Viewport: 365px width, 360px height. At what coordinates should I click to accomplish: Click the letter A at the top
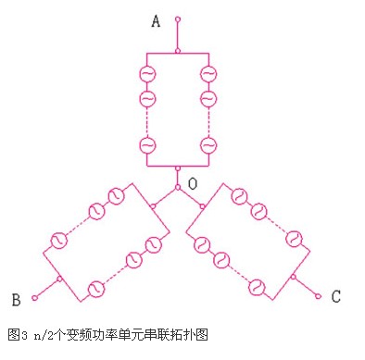156,21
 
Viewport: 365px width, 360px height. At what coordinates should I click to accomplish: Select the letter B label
16,300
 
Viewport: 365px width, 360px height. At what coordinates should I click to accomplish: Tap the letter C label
336,296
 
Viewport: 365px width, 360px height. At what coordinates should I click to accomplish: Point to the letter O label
193,184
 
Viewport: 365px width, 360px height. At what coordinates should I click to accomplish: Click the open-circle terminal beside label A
178,19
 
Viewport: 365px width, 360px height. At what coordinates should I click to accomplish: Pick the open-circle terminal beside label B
34,298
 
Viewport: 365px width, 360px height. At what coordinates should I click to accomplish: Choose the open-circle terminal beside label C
319,296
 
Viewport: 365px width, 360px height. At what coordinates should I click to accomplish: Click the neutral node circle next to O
178,187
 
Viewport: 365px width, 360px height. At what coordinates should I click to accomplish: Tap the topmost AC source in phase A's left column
147,74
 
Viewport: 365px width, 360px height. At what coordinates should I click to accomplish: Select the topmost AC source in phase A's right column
208,74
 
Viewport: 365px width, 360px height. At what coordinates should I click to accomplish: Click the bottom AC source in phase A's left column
147,145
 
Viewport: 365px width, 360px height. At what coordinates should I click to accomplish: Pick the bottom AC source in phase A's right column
208,145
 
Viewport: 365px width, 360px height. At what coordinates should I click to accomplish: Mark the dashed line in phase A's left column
147,122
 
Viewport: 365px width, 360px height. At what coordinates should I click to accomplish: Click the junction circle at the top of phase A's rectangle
178,51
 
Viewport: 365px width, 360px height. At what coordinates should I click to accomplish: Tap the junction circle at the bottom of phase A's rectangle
178,168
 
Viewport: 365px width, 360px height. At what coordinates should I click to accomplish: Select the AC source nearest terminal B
96,289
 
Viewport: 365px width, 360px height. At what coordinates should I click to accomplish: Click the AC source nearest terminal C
257,287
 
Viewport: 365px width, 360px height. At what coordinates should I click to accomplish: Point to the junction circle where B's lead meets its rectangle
59,279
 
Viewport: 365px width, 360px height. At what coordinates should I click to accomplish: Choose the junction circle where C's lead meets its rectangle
294,277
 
